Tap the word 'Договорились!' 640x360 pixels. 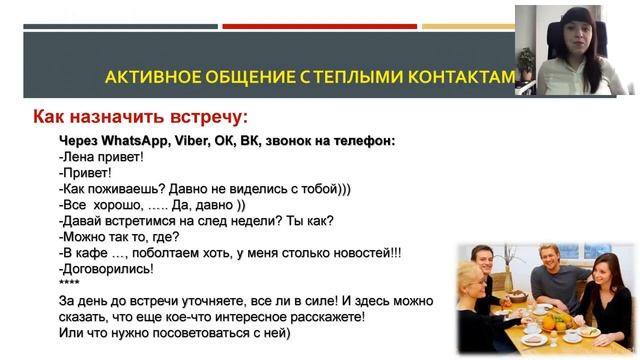coord(108,269)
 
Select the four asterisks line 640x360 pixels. coord(70,284)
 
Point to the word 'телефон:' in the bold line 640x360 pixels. coord(363,141)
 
